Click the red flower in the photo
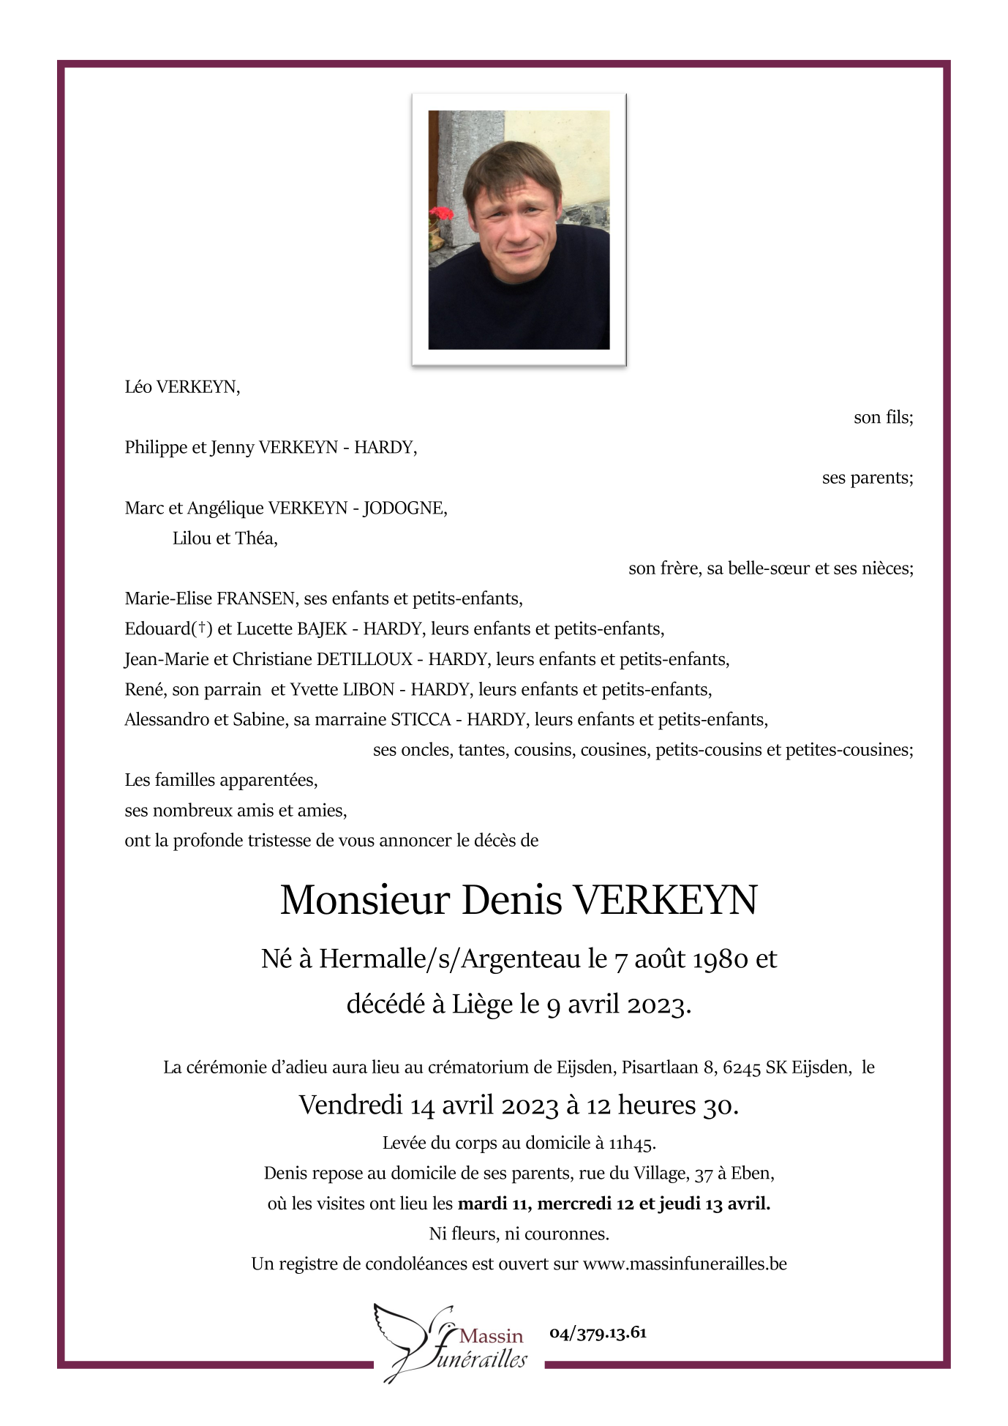tap(440, 214)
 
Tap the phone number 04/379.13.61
tap(598, 1332)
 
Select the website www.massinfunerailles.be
tap(685, 1264)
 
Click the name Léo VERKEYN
tap(182, 387)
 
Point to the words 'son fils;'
tap(883, 417)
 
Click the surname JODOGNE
tap(405, 508)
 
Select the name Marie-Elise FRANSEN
tap(210, 598)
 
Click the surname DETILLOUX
tap(364, 659)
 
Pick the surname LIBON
tap(369, 689)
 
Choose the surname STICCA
tap(421, 719)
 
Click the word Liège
tap(482, 1004)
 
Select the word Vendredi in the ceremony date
tap(350, 1105)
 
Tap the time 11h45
tap(632, 1143)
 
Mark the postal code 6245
tap(742, 1067)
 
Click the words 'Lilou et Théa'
tap(225, 538)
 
